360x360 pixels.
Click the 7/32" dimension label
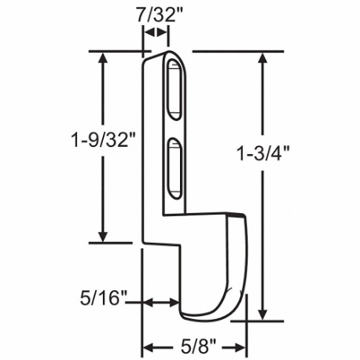[x=153, y=14]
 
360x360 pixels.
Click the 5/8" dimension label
[x=194, y=347]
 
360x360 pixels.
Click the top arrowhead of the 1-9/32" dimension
[x=102, y=60]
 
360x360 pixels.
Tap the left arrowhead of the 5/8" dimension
[x=147, y=347]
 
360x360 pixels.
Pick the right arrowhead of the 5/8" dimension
[x=242, y=347]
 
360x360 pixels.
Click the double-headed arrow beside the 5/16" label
[x=161, y=301]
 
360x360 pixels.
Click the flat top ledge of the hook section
[x=211, y=214]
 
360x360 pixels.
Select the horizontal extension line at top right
[x=236, y=53]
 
